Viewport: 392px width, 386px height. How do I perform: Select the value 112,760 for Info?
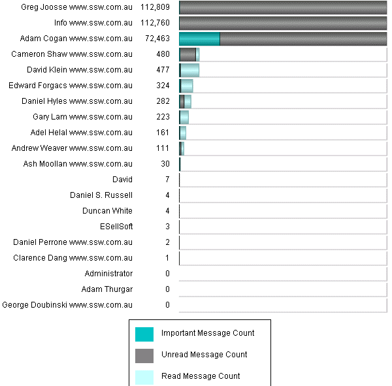(x=155, y=23)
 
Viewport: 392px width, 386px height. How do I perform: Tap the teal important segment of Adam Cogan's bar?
(x=199, y=39)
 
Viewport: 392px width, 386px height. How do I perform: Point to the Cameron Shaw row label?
(x=72, y=54)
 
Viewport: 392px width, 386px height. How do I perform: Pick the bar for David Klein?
(x=189, y=70)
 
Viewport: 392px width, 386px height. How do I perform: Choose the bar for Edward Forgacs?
(x=186, y=86)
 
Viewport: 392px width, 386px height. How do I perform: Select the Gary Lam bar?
(x=184, y=117)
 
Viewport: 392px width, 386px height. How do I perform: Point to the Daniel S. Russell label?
(x=101, y=195)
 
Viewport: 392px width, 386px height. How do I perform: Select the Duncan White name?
(x=107, y=211)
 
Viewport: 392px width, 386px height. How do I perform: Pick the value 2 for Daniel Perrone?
(x=167, y=242)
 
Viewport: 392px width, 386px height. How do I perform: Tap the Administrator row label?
(x=108, y=274)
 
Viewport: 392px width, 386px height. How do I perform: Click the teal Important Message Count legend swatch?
(x=144, y=334)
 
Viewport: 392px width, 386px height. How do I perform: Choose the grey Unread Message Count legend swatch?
(x=144, y=355)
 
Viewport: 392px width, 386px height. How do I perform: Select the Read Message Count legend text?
(x=201, y=376)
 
